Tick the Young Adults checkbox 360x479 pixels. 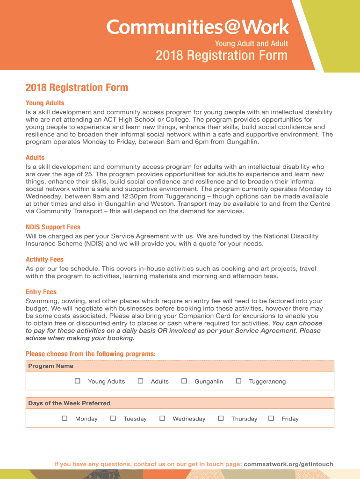coord(78,381)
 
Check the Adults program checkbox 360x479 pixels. coord(140,381)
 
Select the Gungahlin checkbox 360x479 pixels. coord(184,381)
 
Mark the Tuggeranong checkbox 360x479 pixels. coord(238,381)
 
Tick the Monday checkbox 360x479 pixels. coord(65,418)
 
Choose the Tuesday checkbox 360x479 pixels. coord(113,418)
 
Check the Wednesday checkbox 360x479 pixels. coord(162,418)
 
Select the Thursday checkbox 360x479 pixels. coord(221,418)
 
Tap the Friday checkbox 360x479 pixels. coord(271,418)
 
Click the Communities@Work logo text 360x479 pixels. coord(198,27)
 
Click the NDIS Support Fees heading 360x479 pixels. coord(53,227)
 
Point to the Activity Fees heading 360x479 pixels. coord(44,260)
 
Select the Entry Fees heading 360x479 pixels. coord(41,292)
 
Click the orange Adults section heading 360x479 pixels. coord(35,158)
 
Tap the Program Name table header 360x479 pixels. coord(50,366)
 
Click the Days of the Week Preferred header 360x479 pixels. coord(69,403)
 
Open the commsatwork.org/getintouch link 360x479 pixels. coord(288,464)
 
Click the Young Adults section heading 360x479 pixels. coord(45,103)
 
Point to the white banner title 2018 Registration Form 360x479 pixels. coord(221,56)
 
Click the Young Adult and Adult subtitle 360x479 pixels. coord(251,44)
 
